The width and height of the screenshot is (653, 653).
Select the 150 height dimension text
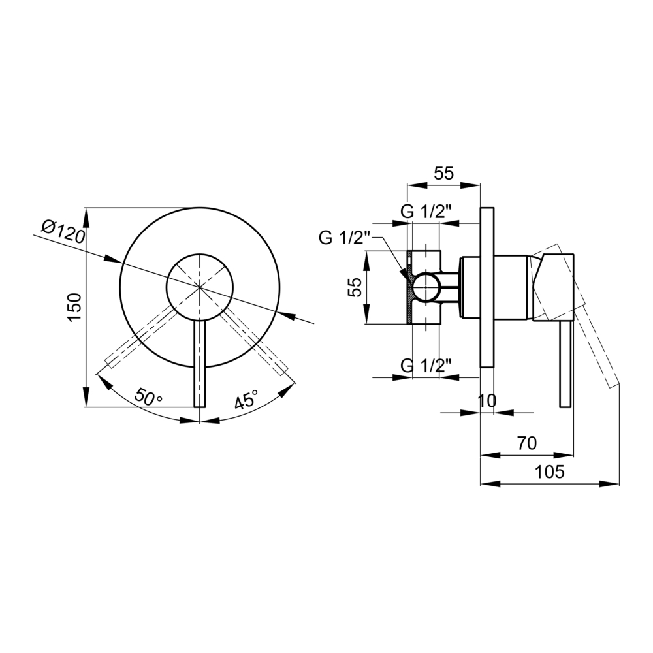point(74,308)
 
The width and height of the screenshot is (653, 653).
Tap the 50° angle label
point(148,398)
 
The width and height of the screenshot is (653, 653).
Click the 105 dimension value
point(549,472)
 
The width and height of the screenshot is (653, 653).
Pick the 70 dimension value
point(527,443)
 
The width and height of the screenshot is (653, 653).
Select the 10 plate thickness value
point(487,401)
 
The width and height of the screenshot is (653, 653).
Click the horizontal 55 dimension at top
point(443,173)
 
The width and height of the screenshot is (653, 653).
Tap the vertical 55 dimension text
point(355,287)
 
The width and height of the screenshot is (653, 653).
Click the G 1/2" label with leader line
point(344,238)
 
